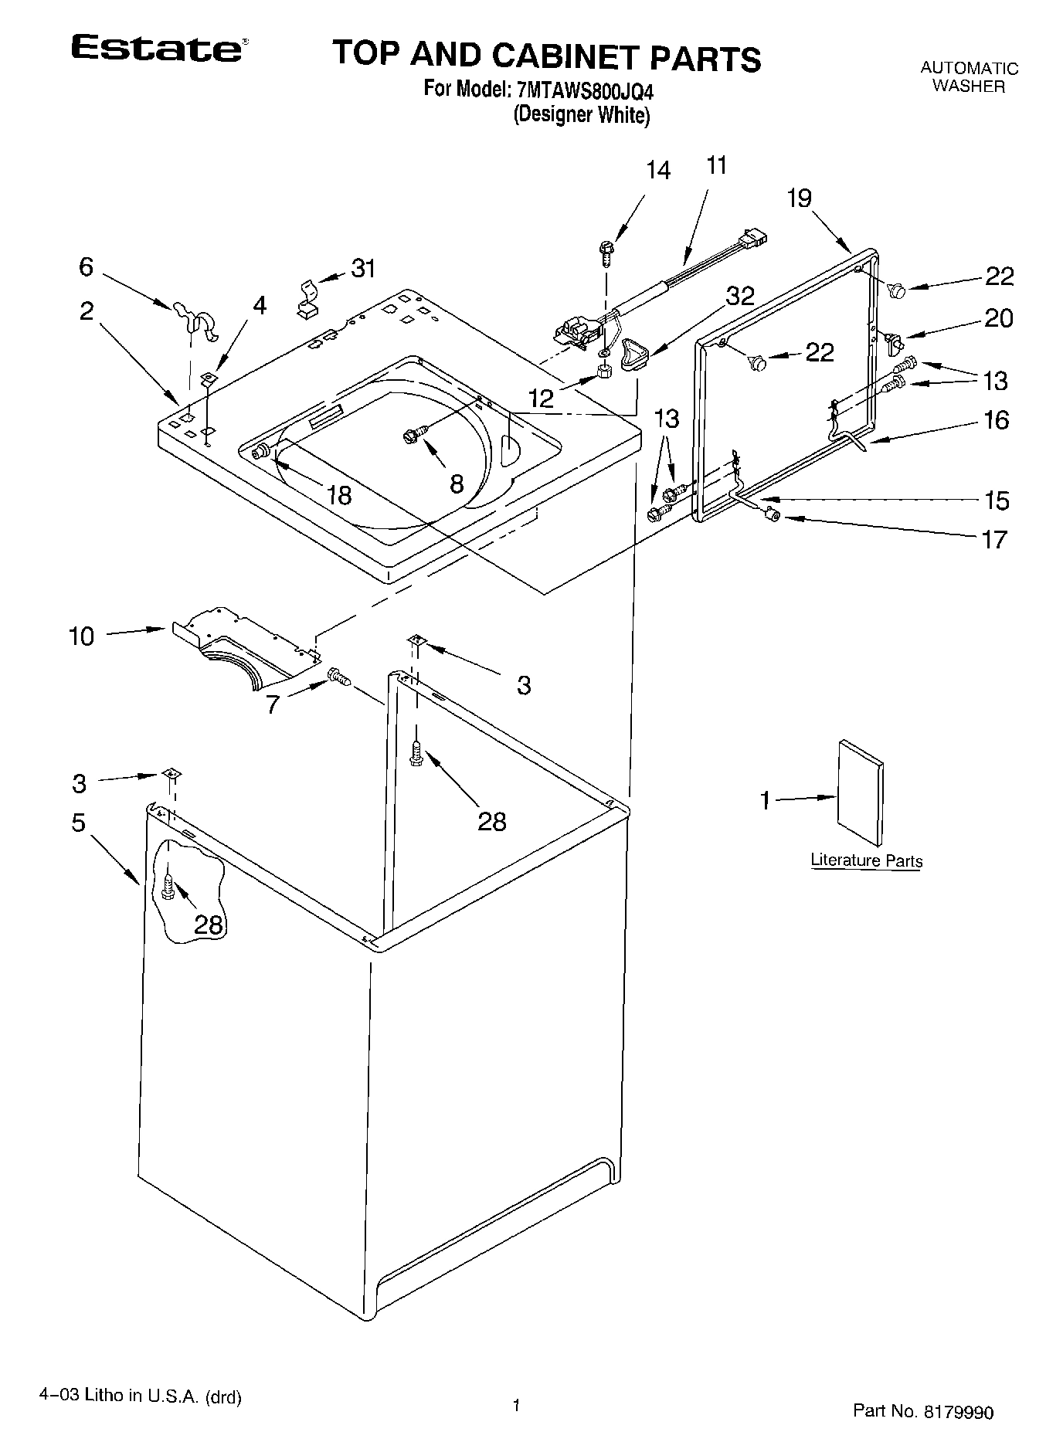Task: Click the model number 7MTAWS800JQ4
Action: pos(585,91)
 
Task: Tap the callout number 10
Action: pos(81,636)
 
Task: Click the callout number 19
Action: pos(800,199)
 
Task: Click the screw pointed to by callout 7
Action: pos(339,677)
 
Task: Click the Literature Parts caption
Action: pos(866,860)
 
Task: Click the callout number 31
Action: pos(362,269)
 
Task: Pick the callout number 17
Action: pos(995,538)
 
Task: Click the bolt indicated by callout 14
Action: pos(606,252)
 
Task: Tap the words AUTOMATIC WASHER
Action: pos(969,77)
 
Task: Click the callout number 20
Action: pos(998,317)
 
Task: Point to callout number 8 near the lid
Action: pos(457,484)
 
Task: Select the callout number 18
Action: pos(339,494)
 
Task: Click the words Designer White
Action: pos(582,116)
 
